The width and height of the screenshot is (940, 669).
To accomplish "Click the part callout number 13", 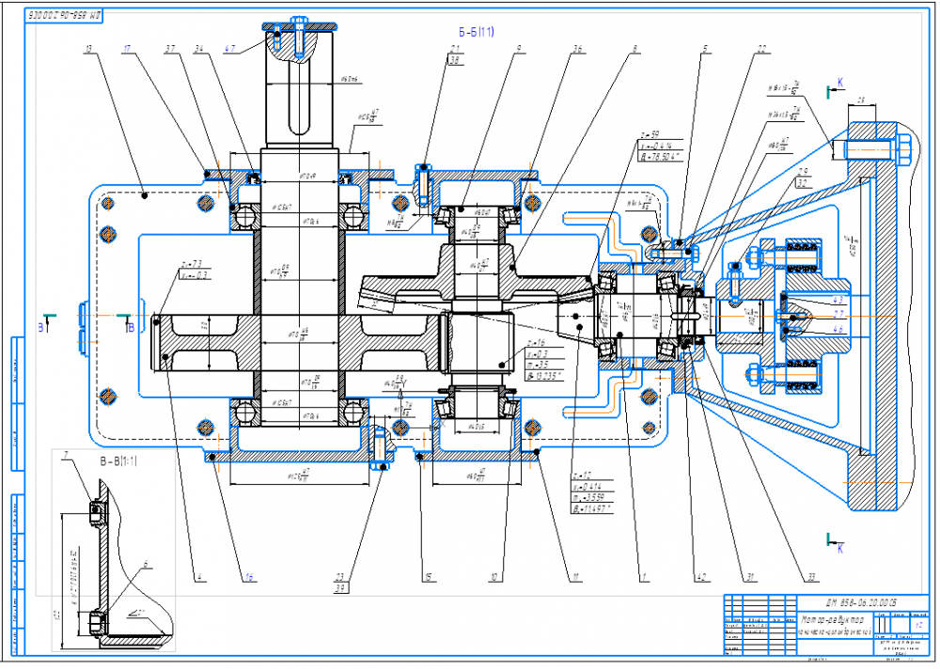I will pyautogui.click(x=90, y=47).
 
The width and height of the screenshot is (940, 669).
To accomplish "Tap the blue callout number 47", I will pyautogui.click(x=230, y=46).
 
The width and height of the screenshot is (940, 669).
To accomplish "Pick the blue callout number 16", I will pyautogui.click(x=248, y=576).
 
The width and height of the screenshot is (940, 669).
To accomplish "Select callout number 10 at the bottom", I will pyautogui.click(x=507, y=576).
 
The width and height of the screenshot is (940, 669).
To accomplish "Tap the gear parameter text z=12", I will pyautogui.click(x=580, y=475).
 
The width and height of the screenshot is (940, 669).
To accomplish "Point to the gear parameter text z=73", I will pyautogui.click(x=194, y=262).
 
